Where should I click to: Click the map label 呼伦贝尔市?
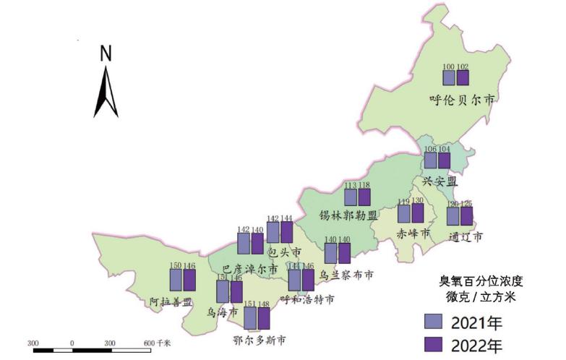461,100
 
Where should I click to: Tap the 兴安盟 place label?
439,181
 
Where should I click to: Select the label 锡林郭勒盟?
348,215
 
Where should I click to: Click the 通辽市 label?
465,236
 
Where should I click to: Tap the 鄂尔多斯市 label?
259,340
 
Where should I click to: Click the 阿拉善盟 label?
171,301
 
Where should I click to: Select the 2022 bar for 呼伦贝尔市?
463,79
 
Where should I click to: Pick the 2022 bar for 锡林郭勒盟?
364,197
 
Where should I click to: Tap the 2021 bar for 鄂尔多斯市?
249,318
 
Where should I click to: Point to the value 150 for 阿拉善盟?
176,266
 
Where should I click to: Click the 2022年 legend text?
476,346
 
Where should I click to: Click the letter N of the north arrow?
106,53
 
